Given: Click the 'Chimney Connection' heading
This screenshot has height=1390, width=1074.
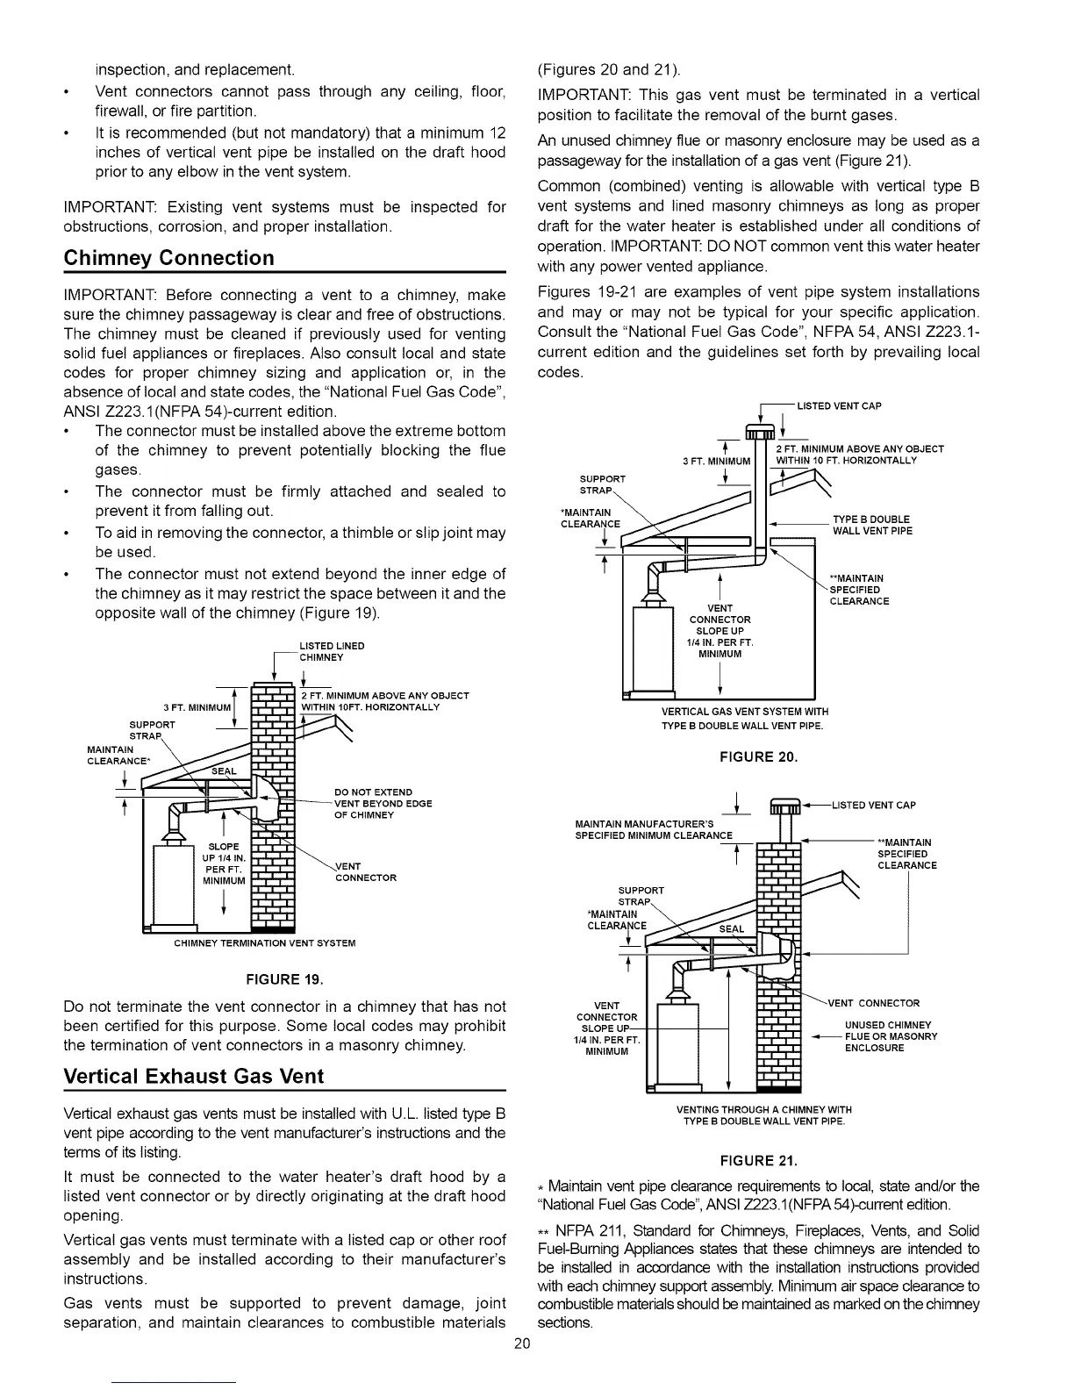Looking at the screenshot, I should (169, 258).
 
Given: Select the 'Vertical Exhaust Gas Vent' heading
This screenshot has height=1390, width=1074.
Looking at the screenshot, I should (194, 1076).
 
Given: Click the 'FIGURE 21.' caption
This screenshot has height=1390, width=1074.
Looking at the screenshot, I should (758, 1162).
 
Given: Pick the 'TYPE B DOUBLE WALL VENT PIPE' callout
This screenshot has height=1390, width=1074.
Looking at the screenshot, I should (871, 525).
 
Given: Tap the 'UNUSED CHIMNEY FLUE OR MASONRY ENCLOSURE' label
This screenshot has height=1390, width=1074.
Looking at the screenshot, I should (891, 1036).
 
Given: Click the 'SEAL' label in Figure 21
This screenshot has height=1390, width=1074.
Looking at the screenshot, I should (731, 929).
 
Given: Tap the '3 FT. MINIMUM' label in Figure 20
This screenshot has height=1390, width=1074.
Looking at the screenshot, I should (717, 461).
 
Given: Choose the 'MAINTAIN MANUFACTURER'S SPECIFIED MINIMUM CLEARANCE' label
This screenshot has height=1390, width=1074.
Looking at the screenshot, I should (654, 829).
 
